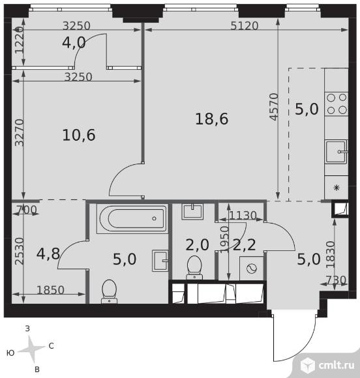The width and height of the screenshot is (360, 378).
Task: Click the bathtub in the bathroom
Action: (x=132, y=218)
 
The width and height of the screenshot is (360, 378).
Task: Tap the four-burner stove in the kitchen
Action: (x=337, y=104)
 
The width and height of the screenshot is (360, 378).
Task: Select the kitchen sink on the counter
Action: (x=337, y=152)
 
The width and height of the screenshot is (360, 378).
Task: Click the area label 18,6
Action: (x=211, y=119)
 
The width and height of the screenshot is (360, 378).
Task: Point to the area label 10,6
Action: (x=79, y=135)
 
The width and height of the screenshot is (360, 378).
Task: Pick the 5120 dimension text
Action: (x=245, y=26)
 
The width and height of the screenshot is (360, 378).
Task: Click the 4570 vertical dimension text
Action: (x=275, y=107)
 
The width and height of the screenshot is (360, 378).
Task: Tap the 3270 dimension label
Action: (x=20, y=132)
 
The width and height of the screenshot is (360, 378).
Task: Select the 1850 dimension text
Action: (x=50, y=290)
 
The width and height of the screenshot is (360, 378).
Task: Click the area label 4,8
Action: (x=48, y=254)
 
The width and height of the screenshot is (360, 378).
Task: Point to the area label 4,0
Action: (x=74, y=43)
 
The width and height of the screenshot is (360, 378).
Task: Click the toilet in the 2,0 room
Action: (x=194, y=267)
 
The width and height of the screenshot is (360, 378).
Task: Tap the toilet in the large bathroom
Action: (x=110, y=291)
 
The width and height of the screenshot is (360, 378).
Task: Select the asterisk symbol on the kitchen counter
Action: (x=337, y=187)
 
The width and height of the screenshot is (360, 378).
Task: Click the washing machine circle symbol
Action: (x=252, y=269)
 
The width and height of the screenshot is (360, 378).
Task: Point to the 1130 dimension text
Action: (x=243, y=216)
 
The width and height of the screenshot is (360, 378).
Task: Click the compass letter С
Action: (x=51, y=346)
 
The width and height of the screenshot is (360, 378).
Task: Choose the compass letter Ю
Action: (x=10, y=353)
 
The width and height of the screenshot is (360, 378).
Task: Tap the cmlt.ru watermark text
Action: (x=337, y=366)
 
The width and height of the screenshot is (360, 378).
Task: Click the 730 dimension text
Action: (x=336, y=280)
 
